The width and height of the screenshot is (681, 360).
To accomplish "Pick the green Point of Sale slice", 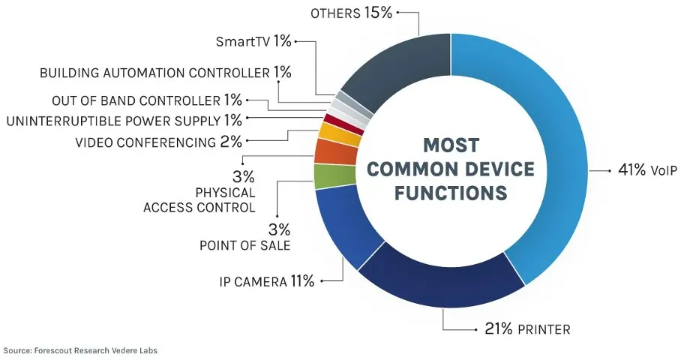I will pos(324,176).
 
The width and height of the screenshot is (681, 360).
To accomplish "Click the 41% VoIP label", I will pos(647,171).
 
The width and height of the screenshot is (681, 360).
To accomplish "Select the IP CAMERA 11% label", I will pos(266,282).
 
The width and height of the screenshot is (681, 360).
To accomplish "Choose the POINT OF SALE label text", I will pos(244,245).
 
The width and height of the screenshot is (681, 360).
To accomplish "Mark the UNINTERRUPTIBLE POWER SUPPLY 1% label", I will pos(124,120).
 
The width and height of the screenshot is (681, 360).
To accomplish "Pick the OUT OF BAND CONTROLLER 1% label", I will pos(147,100).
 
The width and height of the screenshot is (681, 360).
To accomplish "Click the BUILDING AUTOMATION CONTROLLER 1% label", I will pos(165,73).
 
